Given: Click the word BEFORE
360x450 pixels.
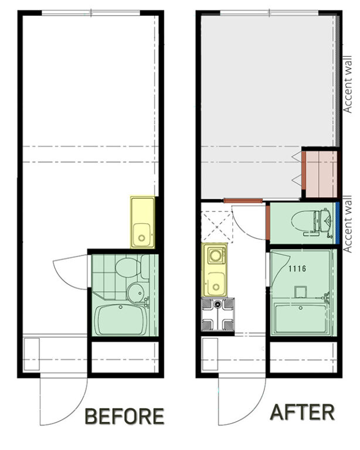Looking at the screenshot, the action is [125, 416].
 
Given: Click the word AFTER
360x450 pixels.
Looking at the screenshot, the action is [303, 412].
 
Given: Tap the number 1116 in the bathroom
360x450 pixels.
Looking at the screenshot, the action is [297, 268].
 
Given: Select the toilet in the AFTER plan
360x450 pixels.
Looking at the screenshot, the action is [312, 222].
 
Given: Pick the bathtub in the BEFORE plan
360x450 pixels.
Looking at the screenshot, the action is [122, 320].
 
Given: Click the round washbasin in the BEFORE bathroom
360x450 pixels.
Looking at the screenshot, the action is [135, 293].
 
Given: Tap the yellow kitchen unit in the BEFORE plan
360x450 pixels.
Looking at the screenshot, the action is [142, 222].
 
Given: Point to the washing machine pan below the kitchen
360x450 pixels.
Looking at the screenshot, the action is [218, 314].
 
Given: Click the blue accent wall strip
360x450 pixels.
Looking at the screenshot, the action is [338, 221].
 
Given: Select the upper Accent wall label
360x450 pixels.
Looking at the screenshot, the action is [348, 84].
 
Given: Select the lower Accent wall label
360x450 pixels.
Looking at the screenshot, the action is [348, 224].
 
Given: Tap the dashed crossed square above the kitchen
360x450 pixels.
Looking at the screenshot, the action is [216, 227].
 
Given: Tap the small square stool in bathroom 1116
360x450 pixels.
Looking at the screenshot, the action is [301, 292].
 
